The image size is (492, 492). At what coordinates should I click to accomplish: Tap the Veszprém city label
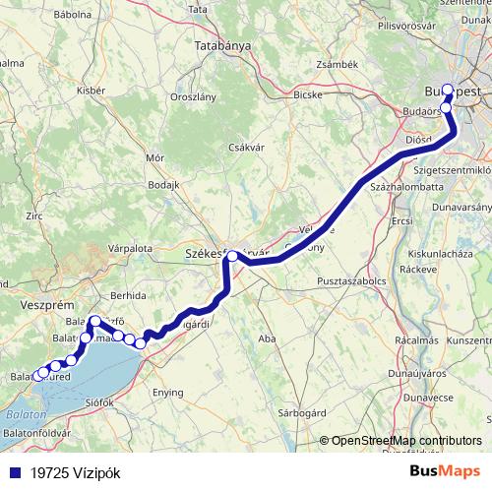[42, 307]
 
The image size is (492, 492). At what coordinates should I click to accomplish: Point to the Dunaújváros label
[421, 375]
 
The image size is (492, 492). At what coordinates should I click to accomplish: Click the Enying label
[167, 392]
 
